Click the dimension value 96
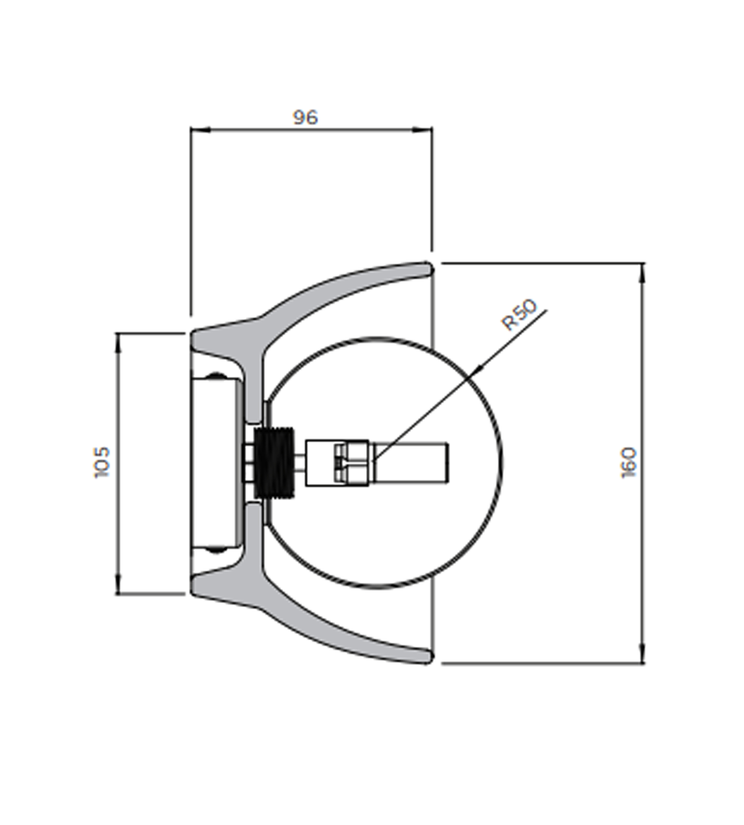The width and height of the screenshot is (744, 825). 305,117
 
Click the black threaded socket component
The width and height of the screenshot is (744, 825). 274,463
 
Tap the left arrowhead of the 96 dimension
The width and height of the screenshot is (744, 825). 200,130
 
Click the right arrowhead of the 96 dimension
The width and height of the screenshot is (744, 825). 422,130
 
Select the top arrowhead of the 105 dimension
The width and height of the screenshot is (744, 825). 118,344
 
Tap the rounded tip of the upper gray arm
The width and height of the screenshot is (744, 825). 427,269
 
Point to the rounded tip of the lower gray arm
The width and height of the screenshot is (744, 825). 427,656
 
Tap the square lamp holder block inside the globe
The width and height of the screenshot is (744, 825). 337,463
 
